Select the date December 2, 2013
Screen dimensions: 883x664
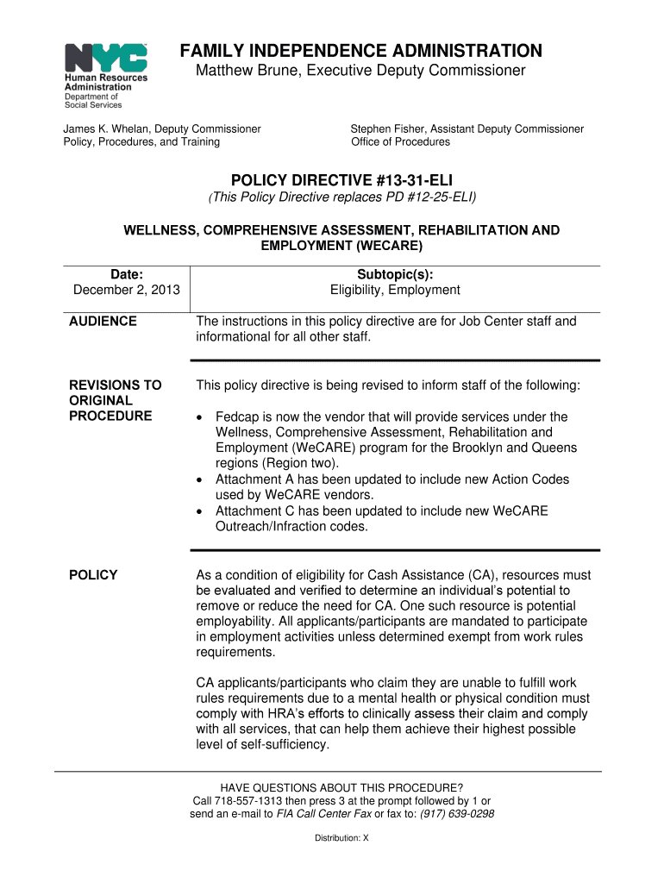pos(127,290)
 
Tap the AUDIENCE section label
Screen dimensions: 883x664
pos(103,322)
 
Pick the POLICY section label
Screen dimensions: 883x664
pos(93,575)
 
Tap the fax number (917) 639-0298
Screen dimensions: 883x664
pos(457,813)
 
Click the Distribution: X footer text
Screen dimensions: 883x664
pos(341,837)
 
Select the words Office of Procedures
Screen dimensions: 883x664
pos(400,141)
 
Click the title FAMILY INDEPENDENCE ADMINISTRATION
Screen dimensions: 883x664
pos(361,51)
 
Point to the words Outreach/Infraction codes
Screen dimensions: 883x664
pos(291,527)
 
